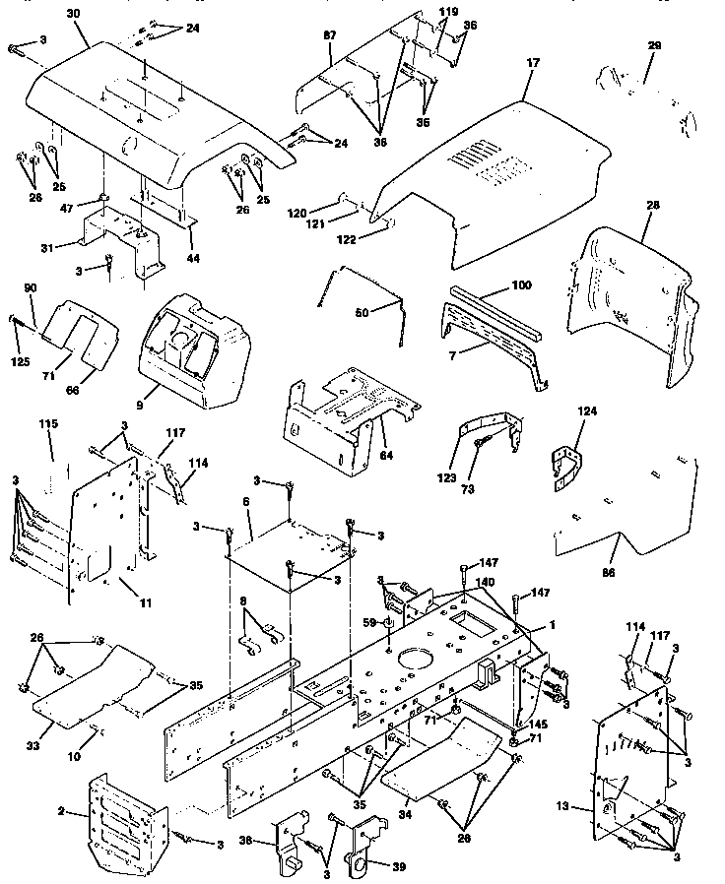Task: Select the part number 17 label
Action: click(x=533, y=63)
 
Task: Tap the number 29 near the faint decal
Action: click(x=654, y=47)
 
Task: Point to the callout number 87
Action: click(x=329, y=35)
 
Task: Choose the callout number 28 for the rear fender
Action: click(x=651, y=206)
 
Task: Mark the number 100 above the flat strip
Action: click(x=520, y=284)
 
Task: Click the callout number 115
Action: click(x=48, y=423)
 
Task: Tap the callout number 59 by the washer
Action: click(x=368, y=622)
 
